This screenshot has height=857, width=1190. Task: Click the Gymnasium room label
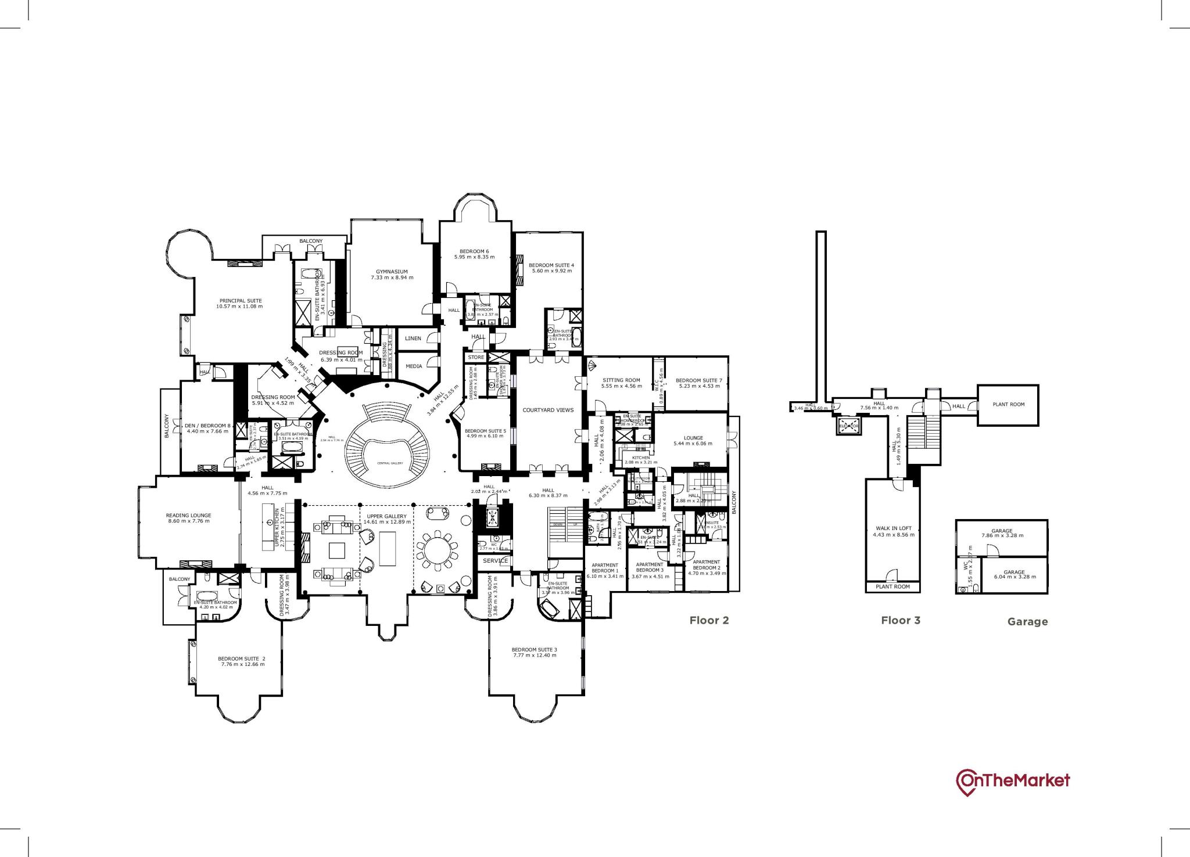[392, 272]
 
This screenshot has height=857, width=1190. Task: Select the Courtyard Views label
[548, 410]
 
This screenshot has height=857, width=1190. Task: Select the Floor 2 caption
[709, 620]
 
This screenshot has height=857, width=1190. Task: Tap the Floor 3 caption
[900, 620]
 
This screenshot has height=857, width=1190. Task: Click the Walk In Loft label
[893, 528]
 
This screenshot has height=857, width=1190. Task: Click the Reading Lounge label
[188, 515]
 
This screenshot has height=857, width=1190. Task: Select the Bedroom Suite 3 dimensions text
[534, 655]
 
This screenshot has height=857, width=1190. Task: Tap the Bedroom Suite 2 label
[242, 658]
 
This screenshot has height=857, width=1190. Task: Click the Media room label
[414, 366]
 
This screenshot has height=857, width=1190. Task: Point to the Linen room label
[413, 339]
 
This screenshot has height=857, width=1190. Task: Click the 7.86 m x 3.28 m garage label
[1002, 535]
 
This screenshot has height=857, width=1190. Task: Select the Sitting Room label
[621, 380]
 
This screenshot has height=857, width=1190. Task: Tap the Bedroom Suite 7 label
[698, 380]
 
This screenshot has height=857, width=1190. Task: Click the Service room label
[496, 561]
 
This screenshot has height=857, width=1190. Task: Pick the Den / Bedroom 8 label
[207, 426]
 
